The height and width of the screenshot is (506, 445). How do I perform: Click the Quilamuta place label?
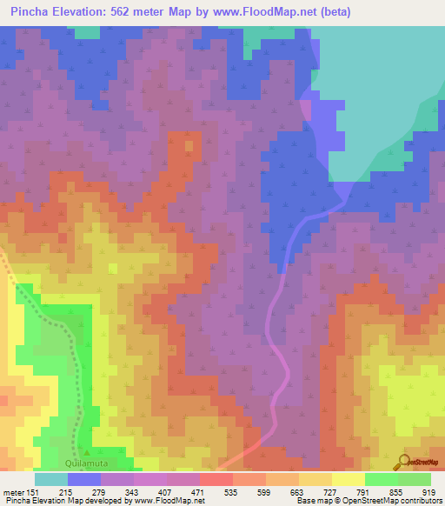90,452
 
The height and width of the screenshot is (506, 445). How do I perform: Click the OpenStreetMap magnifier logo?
403,461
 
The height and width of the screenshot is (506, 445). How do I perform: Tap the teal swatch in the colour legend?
51,479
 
